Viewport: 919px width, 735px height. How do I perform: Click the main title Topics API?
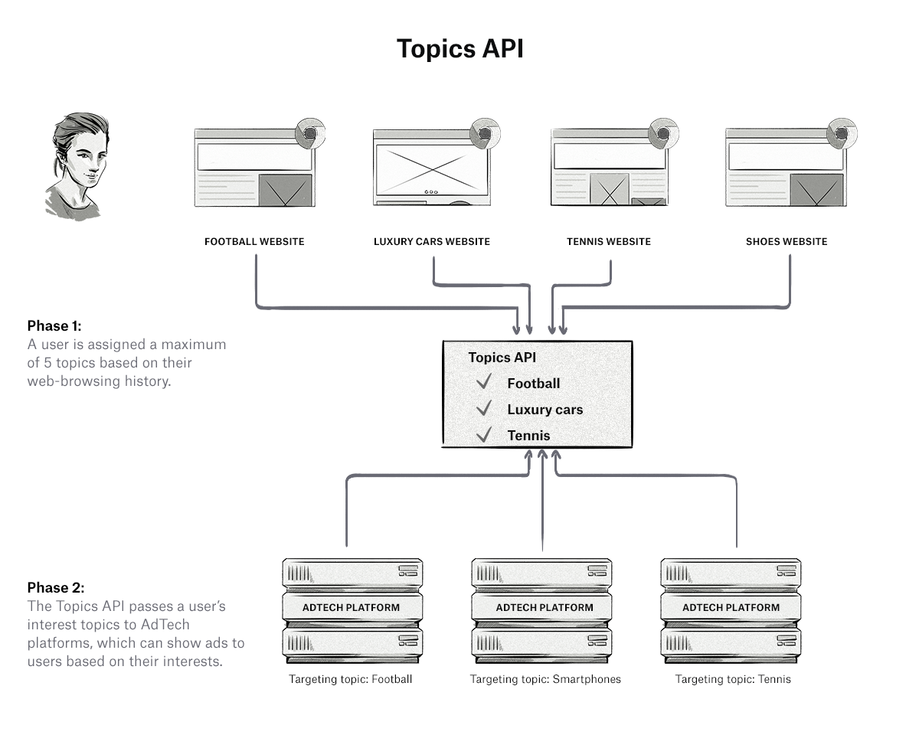(459, 49)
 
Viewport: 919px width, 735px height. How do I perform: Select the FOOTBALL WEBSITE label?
(254, 242)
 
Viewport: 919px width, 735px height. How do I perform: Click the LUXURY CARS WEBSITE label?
(432, 242)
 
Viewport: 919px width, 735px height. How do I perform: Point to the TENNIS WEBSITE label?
(609, 242)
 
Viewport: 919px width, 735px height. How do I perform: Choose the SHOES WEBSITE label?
(787, 242)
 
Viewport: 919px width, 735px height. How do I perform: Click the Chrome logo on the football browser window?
(308, 132)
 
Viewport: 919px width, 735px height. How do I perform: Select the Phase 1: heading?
(54, 326)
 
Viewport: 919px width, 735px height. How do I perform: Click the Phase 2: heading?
(56, 588)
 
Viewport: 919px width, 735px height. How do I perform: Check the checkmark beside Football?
(483, 382)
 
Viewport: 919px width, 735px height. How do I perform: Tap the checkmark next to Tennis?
(483, 435)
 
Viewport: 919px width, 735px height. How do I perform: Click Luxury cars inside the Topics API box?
(545, 410)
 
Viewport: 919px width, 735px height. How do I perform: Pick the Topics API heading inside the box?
(502, 358)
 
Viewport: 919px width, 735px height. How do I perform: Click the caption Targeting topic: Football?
(350, 679)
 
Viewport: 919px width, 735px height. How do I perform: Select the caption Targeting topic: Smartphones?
(545, 679)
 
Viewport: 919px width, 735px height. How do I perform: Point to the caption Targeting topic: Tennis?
(733, 679)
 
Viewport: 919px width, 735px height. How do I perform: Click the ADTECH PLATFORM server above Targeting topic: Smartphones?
(545, 607)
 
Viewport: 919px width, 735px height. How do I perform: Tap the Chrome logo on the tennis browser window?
(662, 132)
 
